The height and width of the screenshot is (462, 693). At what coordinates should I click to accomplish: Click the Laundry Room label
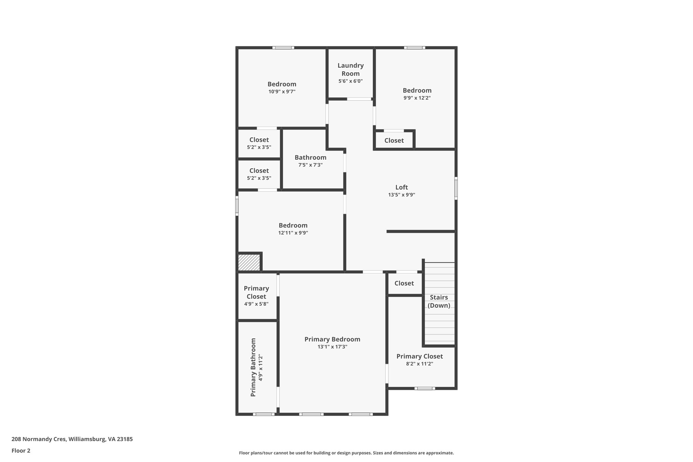tap(351, 69)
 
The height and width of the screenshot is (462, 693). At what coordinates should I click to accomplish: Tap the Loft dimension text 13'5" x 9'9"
tap(401, 195)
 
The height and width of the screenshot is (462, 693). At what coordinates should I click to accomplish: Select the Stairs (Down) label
tap(439, 301)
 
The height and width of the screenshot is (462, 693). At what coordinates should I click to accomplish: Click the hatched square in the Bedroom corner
tap(249, 262)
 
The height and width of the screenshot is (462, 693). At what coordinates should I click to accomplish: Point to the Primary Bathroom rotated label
tap(253, 367)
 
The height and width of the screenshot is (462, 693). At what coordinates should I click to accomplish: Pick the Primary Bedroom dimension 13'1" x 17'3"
tap(332, 347)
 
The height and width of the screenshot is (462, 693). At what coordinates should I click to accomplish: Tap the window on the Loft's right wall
tap(456, 188)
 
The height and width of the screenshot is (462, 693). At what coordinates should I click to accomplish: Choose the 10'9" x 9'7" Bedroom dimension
tap(282, 92)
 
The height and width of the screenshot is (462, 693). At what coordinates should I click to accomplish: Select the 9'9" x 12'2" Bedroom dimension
tap(417, 98)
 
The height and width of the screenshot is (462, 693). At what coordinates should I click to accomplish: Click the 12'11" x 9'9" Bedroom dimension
tap(293, 233)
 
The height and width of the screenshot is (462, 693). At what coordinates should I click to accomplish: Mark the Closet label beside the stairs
tap(404, 283)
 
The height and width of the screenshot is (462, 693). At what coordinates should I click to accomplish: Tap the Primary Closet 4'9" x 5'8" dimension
tap(256, 304)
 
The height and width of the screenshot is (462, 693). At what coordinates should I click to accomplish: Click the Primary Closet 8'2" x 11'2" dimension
tap(420, 364)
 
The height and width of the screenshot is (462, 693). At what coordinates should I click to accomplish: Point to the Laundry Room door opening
tap(359, 99)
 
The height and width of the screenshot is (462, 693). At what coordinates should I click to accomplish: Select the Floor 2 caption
tap(21, 450)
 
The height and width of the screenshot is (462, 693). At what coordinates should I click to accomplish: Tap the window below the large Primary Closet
tap(425, 388)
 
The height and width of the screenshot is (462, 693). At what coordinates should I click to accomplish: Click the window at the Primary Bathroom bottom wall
tap(264, 414)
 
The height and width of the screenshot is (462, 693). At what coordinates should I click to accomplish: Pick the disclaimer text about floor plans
tap(346, 453)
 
